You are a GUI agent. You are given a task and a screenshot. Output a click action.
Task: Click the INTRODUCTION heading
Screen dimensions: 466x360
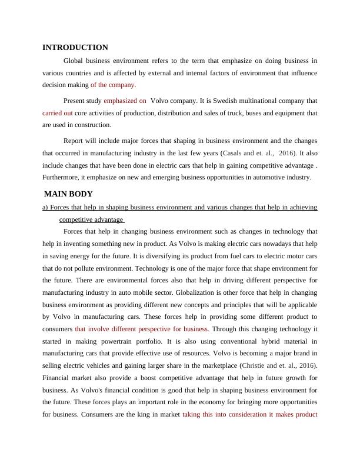[x=75, y=48]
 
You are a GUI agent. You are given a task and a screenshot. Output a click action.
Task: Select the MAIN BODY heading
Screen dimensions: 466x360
[x=68, y=194]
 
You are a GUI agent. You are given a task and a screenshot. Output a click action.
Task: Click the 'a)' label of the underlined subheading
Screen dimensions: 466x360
[x=45, y=208]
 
